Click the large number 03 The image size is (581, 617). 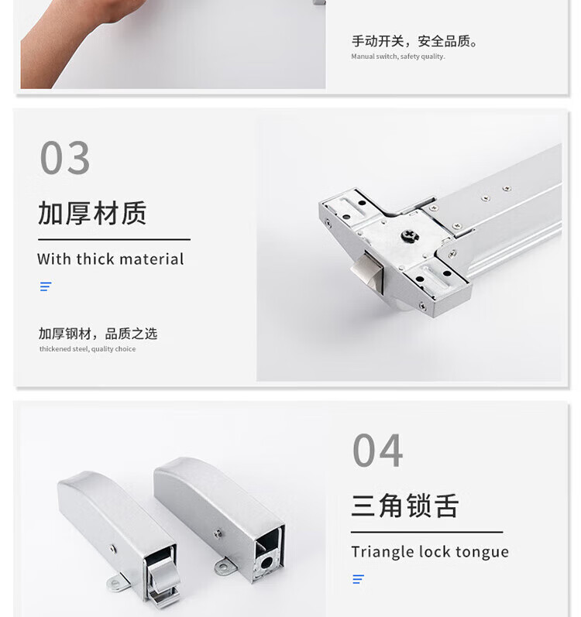(x=65, y=157)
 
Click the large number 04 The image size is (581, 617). (x=377, y=450)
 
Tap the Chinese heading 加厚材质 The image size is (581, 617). (x=92, y=213)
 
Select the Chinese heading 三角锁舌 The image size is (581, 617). (x=405, y=506)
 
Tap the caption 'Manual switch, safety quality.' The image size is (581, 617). (x=398, y=57)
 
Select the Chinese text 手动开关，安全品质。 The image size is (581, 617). (x=415, y=41)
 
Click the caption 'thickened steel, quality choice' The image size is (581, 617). (x=88, y=348)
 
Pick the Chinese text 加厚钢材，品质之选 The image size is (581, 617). (x=98, y=334)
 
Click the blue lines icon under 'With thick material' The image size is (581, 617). (x=46, y=286)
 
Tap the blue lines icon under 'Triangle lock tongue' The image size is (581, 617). (x=358, y=579)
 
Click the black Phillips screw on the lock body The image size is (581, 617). (x=410, y=235)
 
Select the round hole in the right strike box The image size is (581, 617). (x=266, y=563)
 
